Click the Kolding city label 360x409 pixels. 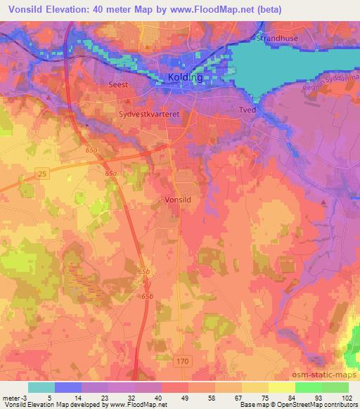coord(186,78)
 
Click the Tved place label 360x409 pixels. coord(247,110)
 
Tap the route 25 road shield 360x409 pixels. coord(42,173)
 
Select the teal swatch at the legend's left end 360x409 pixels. coord(41,387)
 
